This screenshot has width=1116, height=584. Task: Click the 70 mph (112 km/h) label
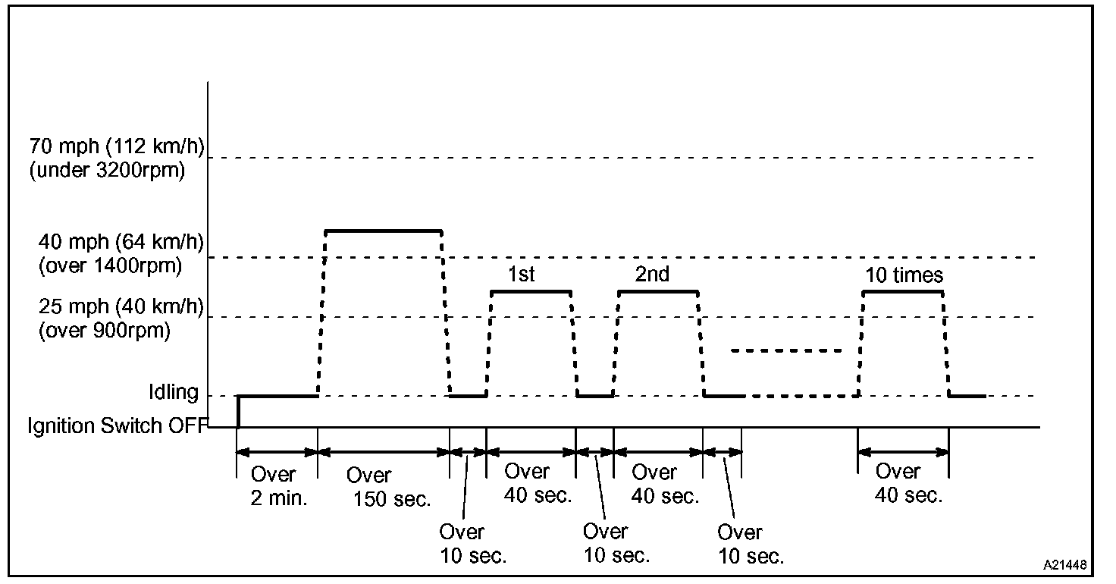coord(117,146)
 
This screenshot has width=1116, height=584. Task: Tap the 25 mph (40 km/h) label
coord(121,307)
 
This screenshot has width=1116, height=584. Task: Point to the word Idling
coord(174,393)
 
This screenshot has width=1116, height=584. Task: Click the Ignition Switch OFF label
coord(117,425)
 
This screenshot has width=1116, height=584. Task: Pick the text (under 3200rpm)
coord(107,171)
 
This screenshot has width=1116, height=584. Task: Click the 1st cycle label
coord(522,274)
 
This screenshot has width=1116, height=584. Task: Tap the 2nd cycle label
coord(652,274)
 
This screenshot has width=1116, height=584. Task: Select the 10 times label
coord(904,275)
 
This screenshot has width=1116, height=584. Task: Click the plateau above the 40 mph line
coord(383,230)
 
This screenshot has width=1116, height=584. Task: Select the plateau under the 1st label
coord(531,291)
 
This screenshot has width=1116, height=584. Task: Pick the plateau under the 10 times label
coord(903,291)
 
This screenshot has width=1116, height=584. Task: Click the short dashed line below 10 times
coord(787,350)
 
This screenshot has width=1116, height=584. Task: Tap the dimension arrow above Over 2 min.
coord(277,452)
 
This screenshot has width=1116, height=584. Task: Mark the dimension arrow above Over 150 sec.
coord(384,452)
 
